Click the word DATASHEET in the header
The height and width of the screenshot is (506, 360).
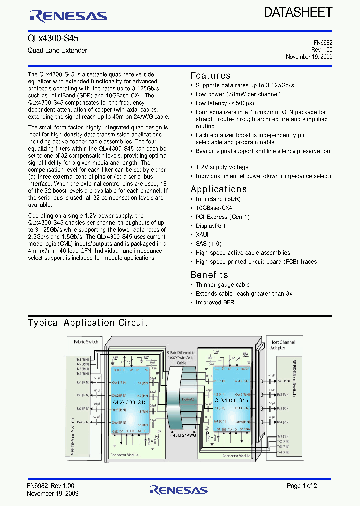(x=298, y=12)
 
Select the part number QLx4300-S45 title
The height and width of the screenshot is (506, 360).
(x=53, y=38)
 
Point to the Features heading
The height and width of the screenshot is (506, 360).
(x=210, y=76)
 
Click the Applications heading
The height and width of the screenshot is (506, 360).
(x=218, y=189)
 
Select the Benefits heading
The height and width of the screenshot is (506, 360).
(x=209, y=275)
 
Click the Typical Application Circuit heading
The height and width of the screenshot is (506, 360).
(x=88, y=323)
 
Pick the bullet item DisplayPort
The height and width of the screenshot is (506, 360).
(x=210, y=226)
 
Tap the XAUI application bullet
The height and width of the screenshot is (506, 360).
(x=202, y=235)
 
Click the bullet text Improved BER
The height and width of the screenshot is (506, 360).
(x=215, y=303)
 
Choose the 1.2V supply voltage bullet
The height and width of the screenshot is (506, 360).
(x=222, y=167)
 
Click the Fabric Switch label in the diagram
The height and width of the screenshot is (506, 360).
(x=86, y=342)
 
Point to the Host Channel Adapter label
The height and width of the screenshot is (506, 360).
(x=282, y=345)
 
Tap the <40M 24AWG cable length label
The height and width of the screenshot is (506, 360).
(x=183, y=435)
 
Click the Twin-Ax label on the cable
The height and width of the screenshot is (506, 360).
(x=187, y=400)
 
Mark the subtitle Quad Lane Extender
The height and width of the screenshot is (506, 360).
(x=57, y=51)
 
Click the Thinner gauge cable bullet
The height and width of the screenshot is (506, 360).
(x=222, y=285)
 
